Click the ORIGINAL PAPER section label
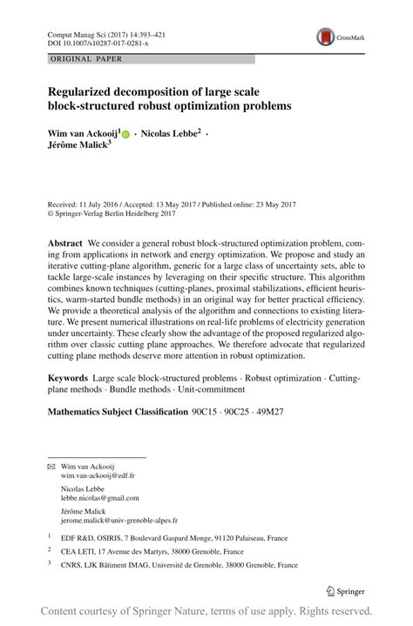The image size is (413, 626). [x=86, y=59]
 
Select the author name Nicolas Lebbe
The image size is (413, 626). [x=171, y=134]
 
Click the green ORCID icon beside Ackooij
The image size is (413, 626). [x=125, y=135]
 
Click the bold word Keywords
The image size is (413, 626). [x=68, y=379]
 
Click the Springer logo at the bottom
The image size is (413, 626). [x=345, y=590]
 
